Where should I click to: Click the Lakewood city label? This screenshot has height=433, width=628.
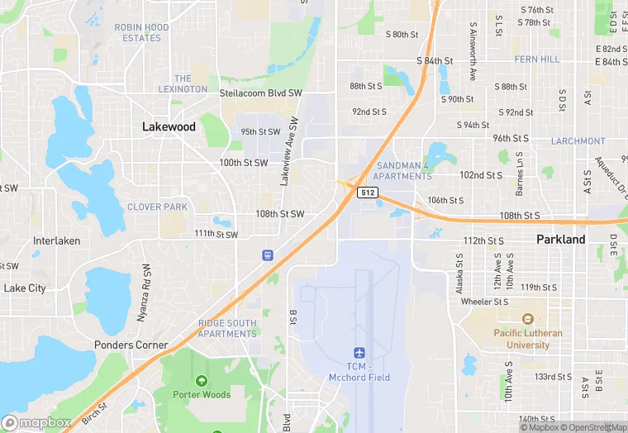pos(169,126)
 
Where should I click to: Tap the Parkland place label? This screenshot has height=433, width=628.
pos(560,240)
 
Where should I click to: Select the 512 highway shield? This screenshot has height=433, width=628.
pos(369,193)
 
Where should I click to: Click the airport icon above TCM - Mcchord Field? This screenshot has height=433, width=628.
pos(359,353)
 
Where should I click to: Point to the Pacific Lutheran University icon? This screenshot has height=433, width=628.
pos(527,320)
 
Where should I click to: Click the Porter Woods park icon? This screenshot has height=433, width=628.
pos(201,381)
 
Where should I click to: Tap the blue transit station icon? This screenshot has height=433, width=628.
pos(268,255)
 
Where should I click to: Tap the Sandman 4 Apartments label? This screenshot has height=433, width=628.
pos(402,171)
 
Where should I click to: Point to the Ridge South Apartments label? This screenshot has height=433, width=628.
pos(227,328)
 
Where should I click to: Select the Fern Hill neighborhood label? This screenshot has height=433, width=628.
pos(536,59)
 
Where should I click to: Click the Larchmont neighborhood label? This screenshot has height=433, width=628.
pos(578,141)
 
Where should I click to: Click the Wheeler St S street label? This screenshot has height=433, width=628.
pos(485,302)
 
